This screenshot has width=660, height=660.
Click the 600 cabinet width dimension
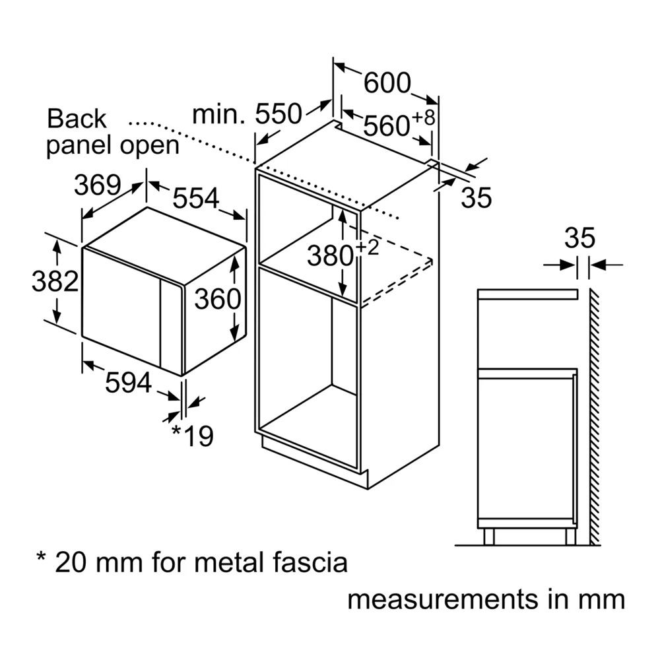(x=387, y=83)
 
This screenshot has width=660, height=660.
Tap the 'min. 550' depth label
(x=247, y=114)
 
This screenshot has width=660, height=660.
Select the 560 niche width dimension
(x=386, y=125)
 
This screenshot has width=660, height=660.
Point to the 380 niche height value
(x=330, y=255)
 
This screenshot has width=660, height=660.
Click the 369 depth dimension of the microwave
(x=98, y=185)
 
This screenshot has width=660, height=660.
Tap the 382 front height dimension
(x=55, y=281)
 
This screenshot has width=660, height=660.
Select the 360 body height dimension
(x=218, y=299)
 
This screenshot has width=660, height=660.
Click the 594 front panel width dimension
(x=129, y=383)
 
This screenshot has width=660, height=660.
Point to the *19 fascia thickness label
(x=193, y=436)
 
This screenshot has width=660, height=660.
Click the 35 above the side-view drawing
(x=579, y=238)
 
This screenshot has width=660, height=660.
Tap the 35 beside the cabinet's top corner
(x=477, y=197)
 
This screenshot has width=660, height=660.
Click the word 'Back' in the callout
(x=77, y=119)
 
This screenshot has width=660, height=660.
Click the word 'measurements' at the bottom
(x=444, y=599)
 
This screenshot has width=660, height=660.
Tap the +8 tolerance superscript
(x=424, y=117)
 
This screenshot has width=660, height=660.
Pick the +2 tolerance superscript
(x=368, y=247)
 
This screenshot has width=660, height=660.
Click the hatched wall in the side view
(x=595, y=416)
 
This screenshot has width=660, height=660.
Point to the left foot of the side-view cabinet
(x=488, y=537)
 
